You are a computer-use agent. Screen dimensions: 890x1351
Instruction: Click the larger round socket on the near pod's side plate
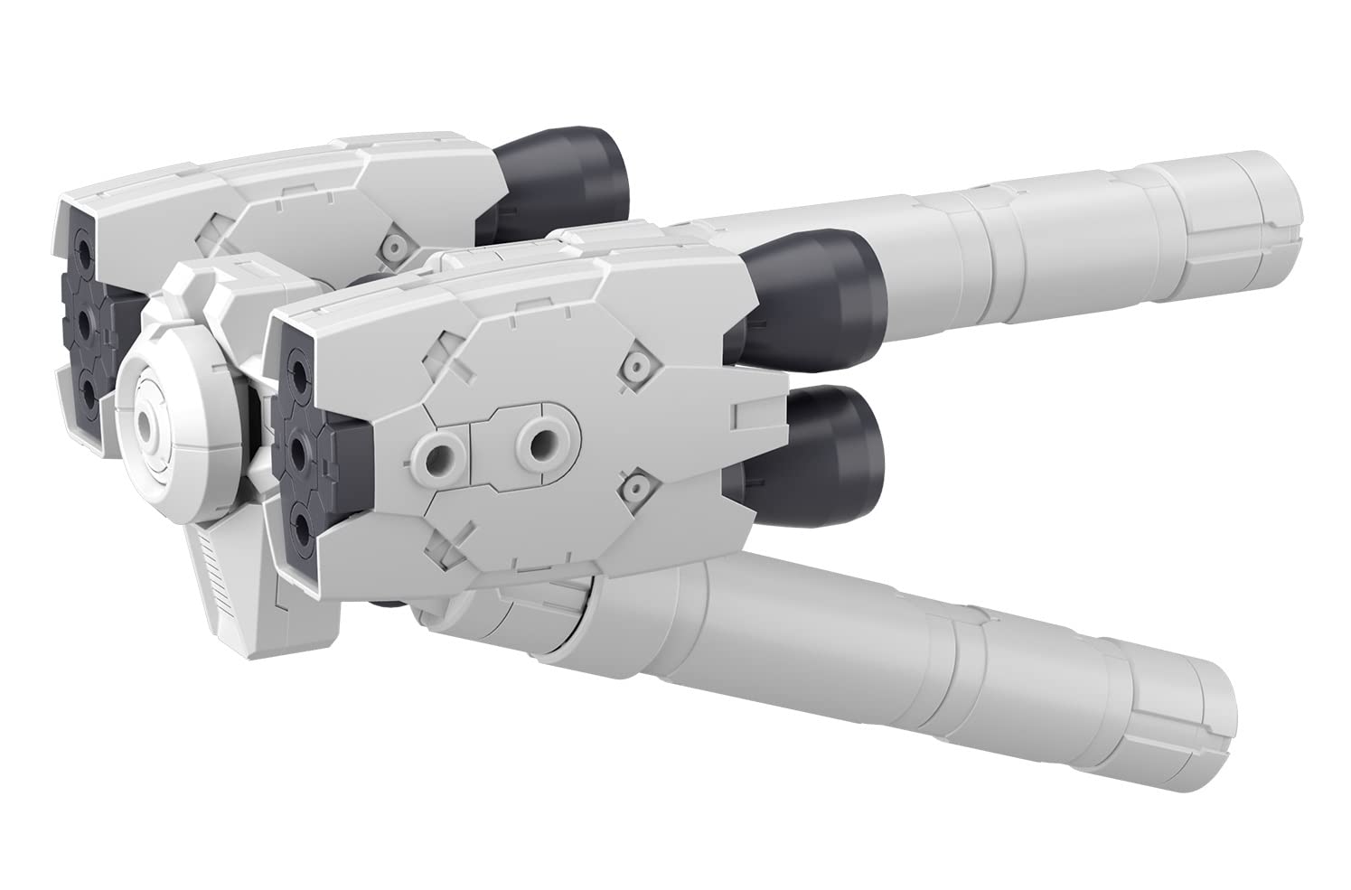[x=545, y=443]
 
